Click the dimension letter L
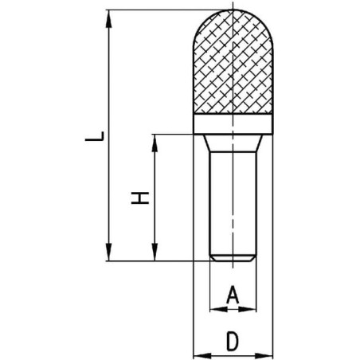click(x=94, y=136)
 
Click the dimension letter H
click(x=140, y=198)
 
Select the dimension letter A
click(x=233, y=295)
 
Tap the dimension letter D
click(x=233, y=340)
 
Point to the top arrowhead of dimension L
click(x=108, y=18)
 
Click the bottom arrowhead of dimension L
click(x=108, y=252)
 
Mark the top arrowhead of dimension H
click(x=155, y=143)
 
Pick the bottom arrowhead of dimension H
click(x=155, y=252)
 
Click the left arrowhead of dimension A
click(x=218, y=309)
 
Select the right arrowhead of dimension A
click(x=248, y=309)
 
